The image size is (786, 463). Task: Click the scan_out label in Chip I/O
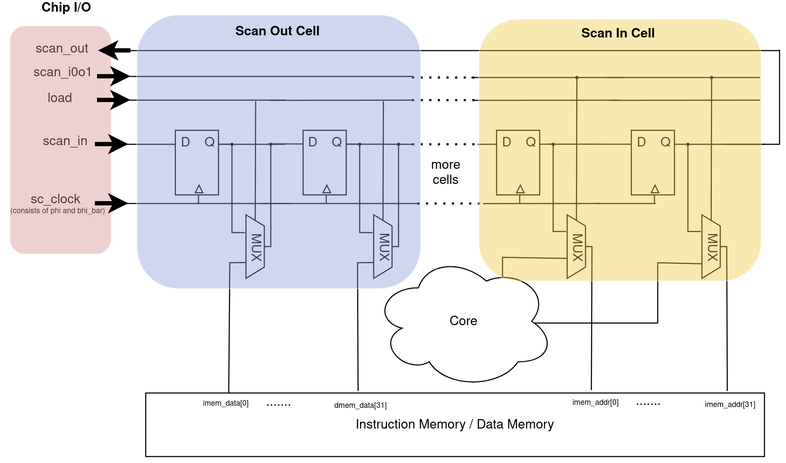(x=62, y=49)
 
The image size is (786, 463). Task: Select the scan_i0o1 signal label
(x=63, y=72)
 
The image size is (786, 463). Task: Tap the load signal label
(x=59, y=98)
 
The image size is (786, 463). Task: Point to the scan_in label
(x=65, y=141)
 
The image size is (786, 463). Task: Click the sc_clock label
(x=55, y=199)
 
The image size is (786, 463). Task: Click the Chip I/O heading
(x=66, y=7)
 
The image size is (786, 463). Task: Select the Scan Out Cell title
(x=277, y=31)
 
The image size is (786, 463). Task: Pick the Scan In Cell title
(x=617, y=33)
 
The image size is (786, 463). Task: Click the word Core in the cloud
(x=463, y=321)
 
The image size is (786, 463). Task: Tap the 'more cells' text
(x=445, y=172)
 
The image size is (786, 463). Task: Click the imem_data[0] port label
(x=225, y=404)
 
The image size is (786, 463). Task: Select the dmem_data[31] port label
(x=360, y=405)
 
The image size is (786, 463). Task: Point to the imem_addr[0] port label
(x=595, y=402)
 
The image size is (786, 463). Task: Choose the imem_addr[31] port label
(x=730, y=404)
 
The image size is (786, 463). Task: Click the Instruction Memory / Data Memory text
(x=454, y=425)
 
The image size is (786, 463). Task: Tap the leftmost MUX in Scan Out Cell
(x=255, y=247)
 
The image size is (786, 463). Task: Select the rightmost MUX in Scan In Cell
(x=711, y=247)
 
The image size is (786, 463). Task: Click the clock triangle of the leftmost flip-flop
(x=199, y=189)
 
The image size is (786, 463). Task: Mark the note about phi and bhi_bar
(x=58, y=211)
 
